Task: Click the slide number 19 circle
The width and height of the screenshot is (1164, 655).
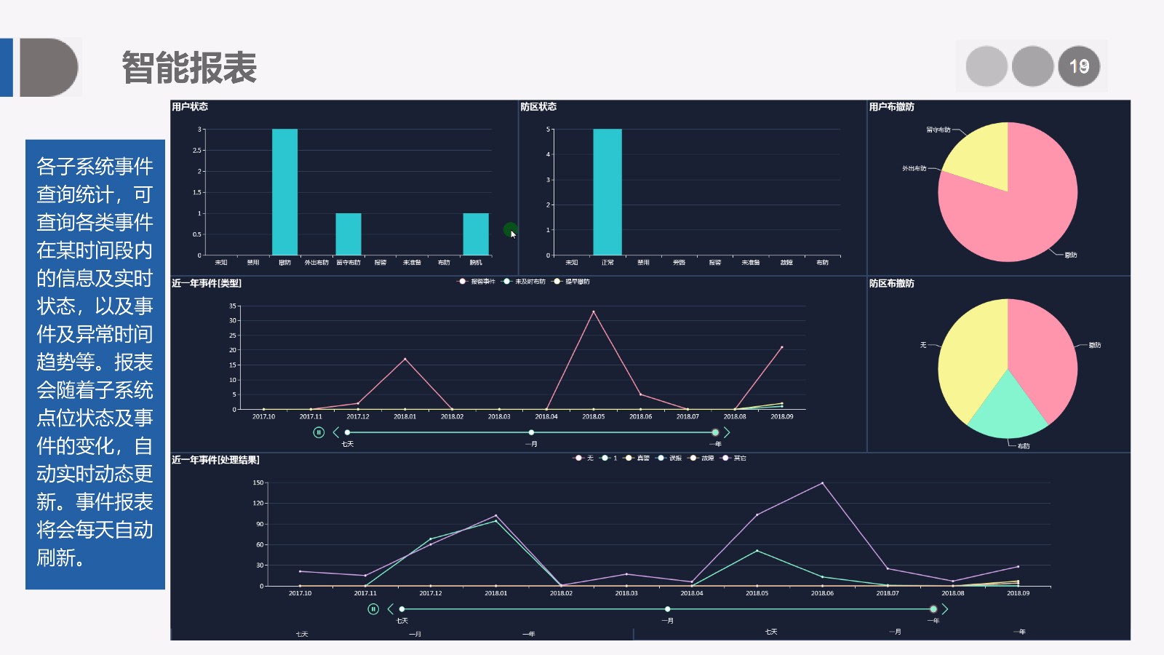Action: [1079, 66]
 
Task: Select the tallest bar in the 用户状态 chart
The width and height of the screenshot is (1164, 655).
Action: [284, 192]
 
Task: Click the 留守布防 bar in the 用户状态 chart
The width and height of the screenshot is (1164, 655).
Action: [348, 234]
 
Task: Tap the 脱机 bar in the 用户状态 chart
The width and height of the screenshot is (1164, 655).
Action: [476, 234]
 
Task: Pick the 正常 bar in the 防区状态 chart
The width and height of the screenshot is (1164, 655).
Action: [607, 192]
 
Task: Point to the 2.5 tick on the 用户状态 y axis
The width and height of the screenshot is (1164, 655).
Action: [197, 151]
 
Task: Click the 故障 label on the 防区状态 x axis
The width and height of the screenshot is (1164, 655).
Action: [786, 263]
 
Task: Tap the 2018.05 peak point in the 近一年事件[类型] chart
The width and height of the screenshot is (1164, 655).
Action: [594, 312]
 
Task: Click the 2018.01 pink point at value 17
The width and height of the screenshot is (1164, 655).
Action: [405, 359]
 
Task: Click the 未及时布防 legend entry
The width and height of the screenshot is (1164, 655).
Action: [525, 282]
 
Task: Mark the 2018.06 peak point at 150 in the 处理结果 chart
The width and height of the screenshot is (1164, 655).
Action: [822, 483]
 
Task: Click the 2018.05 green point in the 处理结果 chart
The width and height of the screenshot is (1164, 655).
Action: [757, 551]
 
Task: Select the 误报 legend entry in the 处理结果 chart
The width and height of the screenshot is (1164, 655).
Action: [670, 458]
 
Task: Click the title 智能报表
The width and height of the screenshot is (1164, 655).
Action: [189, 68]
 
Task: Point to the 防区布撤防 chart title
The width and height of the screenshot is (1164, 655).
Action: [892, 284]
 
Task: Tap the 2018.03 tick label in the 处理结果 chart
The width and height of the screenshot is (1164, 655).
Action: [626, 593]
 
